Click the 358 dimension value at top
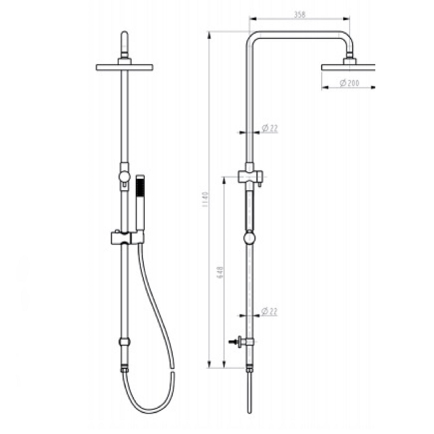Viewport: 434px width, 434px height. (x=300, y=14)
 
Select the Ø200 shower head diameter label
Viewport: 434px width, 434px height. (x=349, y=83)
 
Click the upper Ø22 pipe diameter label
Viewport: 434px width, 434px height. (x=270, y=129)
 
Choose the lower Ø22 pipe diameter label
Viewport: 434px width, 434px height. (x=270, y=311)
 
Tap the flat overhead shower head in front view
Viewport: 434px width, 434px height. (x=125, y=67)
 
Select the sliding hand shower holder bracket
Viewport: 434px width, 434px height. (x=127, y=237)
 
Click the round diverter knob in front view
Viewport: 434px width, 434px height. (x=124, y=176)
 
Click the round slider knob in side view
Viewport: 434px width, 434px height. (x=250, y=238)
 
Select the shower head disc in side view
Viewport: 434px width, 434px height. (x=348, y=67)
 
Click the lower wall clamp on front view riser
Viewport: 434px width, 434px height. (x=125, y=342)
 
